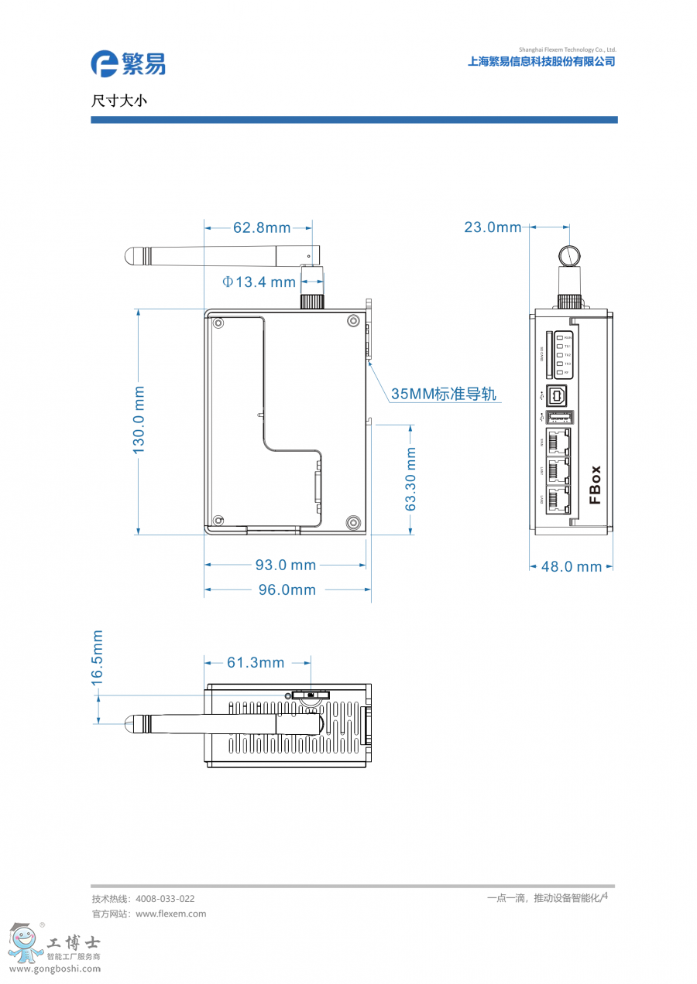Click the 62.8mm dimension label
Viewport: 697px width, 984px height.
pyautogui.click(x=262, y=227)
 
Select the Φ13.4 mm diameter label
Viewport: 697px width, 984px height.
pyautogui.click(x=259, y=282)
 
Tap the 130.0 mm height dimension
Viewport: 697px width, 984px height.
pyautogui.click(x=139, y=419)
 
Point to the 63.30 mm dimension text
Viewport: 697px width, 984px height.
pyautogui.click(x=411, y=479)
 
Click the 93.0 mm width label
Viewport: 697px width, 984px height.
pyautogui.click(x=286, y=565)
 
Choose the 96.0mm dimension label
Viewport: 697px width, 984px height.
pyautogui.click(x=287, y=589)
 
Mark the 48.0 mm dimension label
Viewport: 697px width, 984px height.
pyautogui.click(x=571, y=566)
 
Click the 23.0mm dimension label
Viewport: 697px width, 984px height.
pyautogui.click(x=493, y=227)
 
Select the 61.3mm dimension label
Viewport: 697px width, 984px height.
pyautogui.click(x=256, y=663)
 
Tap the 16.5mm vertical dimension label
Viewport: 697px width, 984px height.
pyautogui.click(x=98, y=658)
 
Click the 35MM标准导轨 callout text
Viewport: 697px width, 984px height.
pyautogui.click(x=443, y=394)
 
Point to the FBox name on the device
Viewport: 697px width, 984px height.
pyautogui.click(x=595, y=484)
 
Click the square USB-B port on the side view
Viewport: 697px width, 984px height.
pyautogui.click(x=558, y=395)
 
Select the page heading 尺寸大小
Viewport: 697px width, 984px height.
pyautogui.click(x=118, y=101)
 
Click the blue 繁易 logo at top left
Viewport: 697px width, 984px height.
pyautogui.click(x=128, y=63)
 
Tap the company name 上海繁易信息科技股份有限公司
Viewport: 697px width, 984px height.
pyautogui.click(x=541, y=62)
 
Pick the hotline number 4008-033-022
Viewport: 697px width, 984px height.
pyautogui.click(x=165, y=899)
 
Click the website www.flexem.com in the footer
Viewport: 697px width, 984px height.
pyautogui.click(x=170, y=914)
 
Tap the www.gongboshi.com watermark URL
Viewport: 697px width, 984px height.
pyautogui.click(x=54, y=969)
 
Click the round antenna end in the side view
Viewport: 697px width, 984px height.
pyautogui.click(x=569, y=255)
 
